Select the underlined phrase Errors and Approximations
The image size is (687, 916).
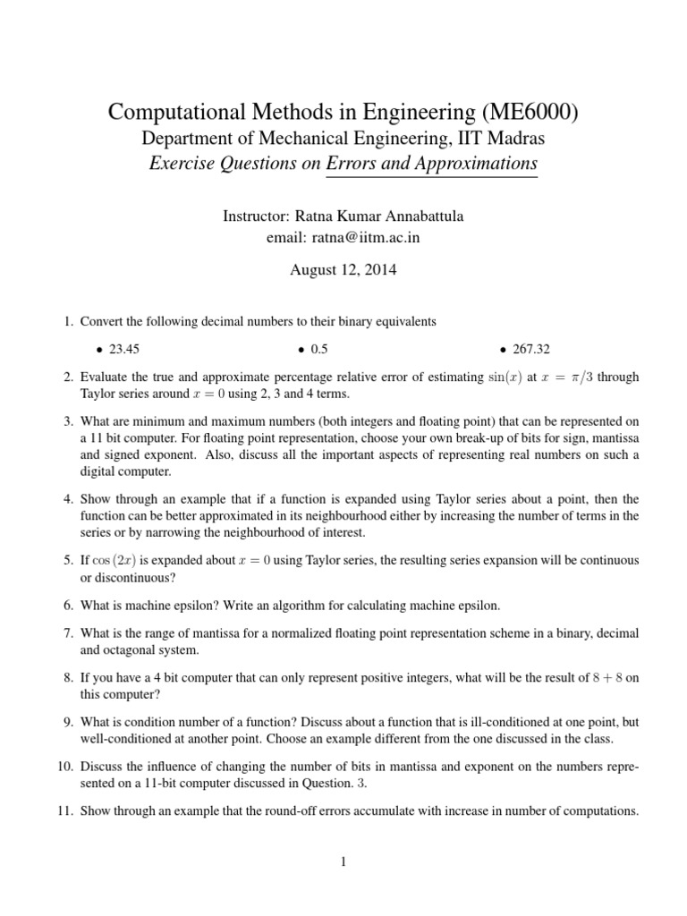432,164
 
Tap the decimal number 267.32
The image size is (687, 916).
531,349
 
